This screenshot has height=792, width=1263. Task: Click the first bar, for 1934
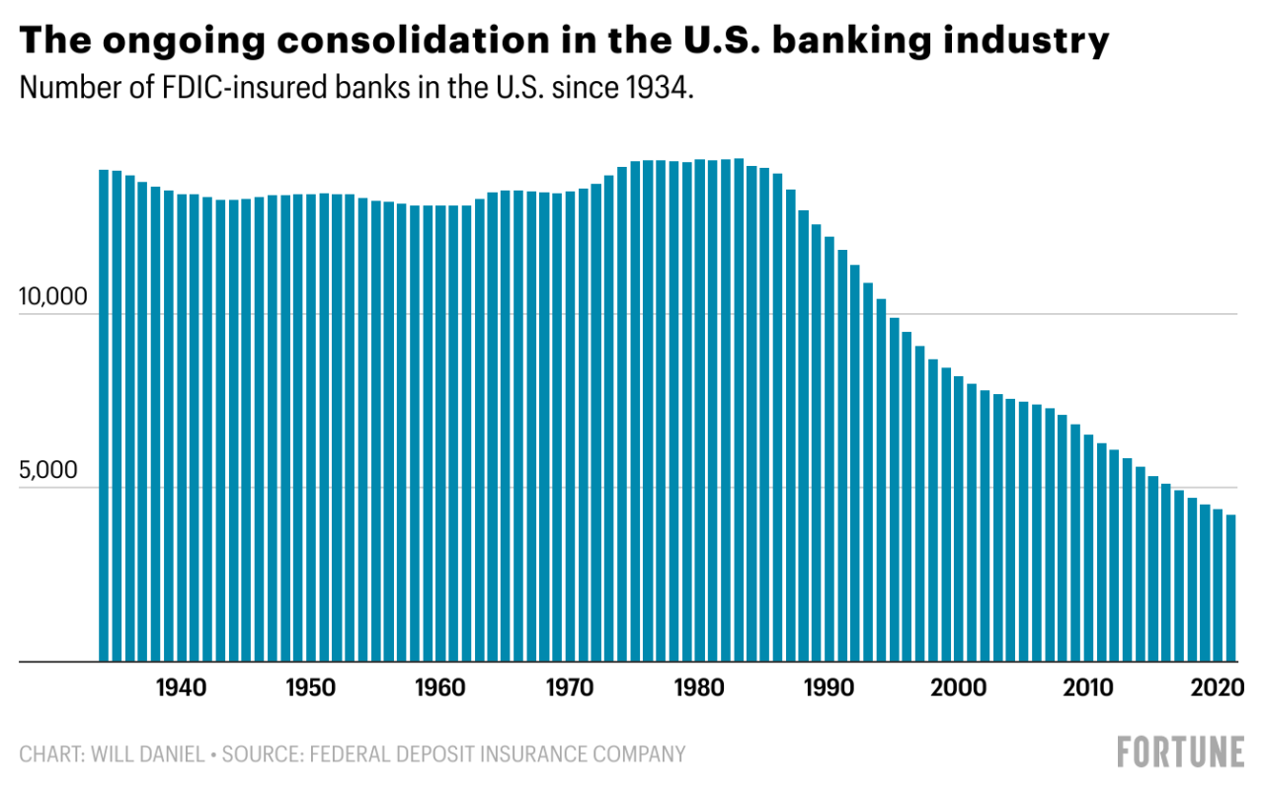[104, 415]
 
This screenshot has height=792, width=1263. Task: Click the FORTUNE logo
[1181, 752]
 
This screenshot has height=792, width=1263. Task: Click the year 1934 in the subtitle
[661, 88]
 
